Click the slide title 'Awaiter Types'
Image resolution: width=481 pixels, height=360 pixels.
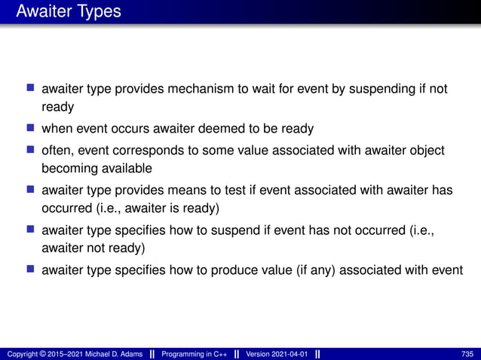(x=67, y=12)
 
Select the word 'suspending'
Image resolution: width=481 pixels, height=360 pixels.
(x=378, y=90)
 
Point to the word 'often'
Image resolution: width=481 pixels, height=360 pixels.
(x=57, y=151)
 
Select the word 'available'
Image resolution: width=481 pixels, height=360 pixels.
(x=125, y=168)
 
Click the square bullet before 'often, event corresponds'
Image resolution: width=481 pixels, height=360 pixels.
(x=31, y=150)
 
